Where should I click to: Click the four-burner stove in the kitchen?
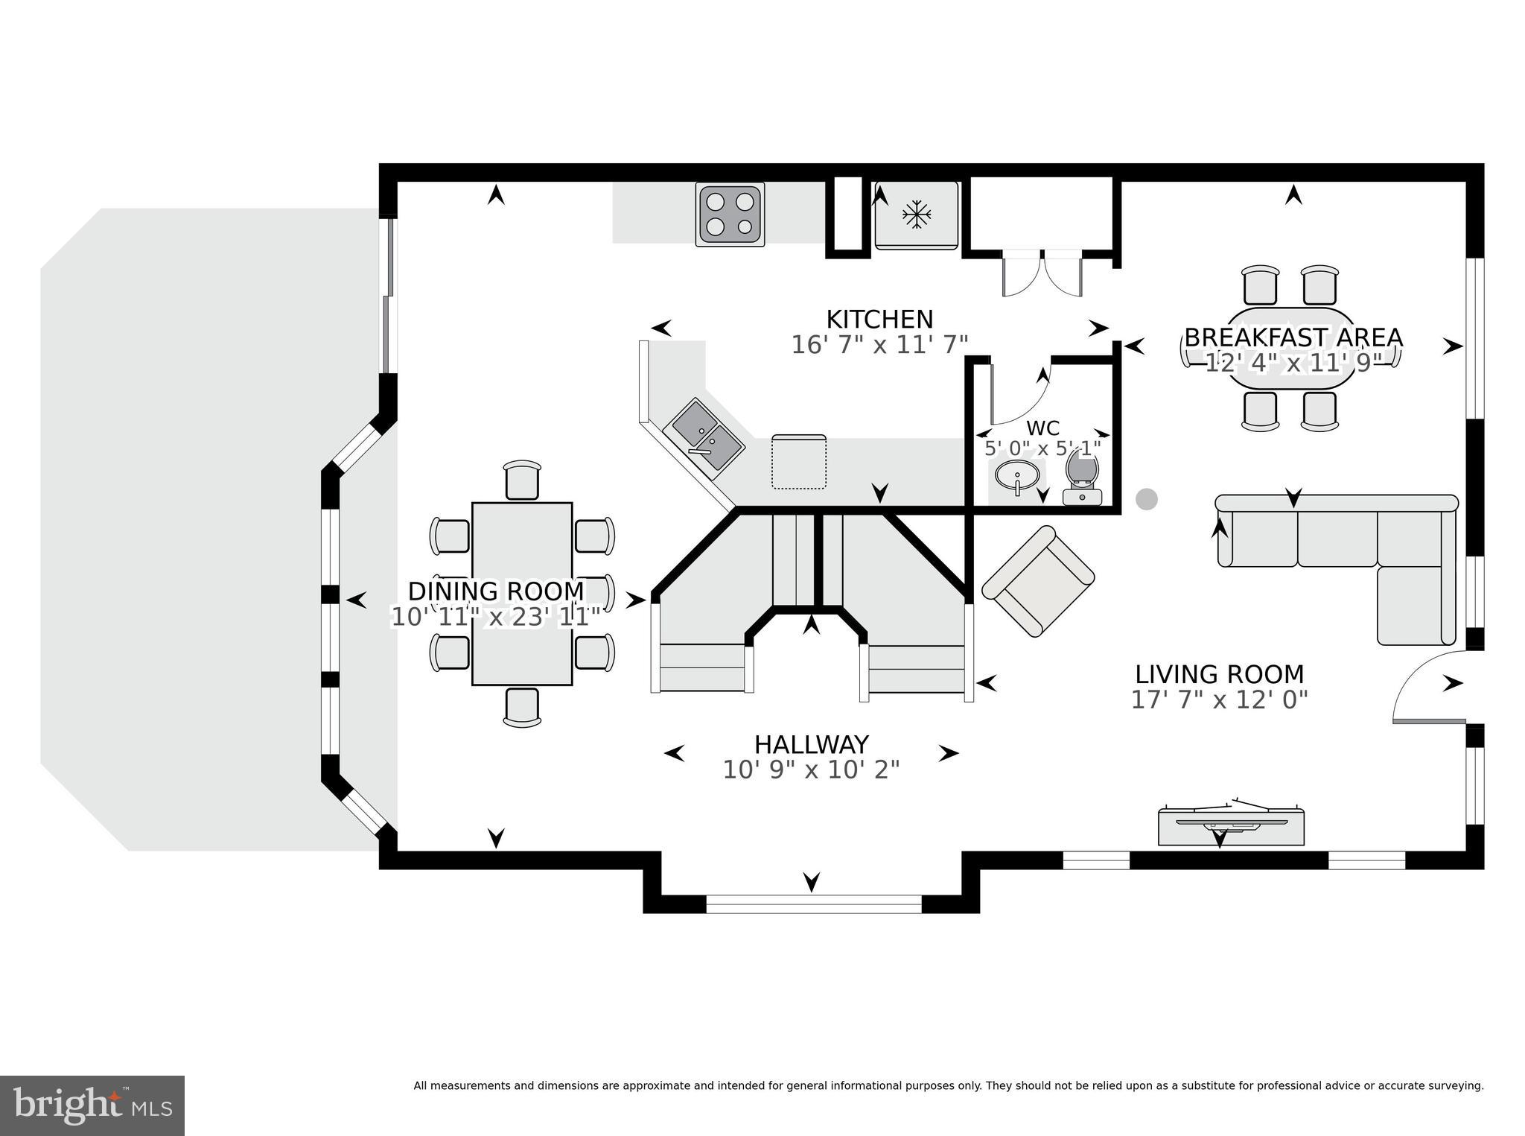[x=730, y=215]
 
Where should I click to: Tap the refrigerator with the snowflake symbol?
[x=916, y=215]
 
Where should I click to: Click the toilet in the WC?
[x=1083, y=477]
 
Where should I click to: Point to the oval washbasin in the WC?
[x=1017, y=475]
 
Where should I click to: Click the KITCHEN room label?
[x=879, y=320]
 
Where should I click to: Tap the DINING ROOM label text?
[x=496, y=591]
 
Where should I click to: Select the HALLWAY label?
[x=811, y=744]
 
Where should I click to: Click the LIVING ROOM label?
[x=1219, y=674]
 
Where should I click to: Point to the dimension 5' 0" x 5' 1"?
[x=1042, y=448]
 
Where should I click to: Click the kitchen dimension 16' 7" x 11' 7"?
[x=879, y=345]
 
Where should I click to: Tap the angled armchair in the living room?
[x=1038, y=581]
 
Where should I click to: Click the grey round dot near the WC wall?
[x=1147, y=499]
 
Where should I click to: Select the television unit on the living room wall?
[x=1231, y=825]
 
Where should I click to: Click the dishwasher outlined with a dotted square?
[x=799, y=462]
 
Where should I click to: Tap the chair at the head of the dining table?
[x=522, y=480]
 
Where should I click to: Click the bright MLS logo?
[x=92, y=1105]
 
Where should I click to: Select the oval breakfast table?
[x=1291, y=348]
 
